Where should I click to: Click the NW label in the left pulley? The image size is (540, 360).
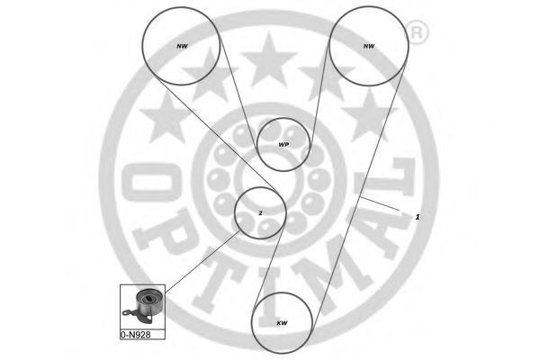(x=182, y=46)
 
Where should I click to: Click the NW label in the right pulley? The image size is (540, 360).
(x=368, y=46)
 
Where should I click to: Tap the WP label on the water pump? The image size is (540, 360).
(x=283, y=145)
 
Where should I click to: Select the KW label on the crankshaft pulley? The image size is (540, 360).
(x=282, y=323)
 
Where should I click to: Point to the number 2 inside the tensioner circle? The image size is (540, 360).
(x=260, y=213)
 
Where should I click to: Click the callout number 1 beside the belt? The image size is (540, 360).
(x=418, y=217)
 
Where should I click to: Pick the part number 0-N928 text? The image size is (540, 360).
(x=135, y=335)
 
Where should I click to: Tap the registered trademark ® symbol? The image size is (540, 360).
(x=417, y=32)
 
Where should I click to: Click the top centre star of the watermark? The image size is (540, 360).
(x=268, y=59)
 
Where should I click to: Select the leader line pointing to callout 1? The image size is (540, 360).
(x=380, y=203)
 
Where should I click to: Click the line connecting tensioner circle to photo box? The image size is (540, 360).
(x=202, y=262)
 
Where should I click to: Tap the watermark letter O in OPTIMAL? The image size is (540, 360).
(x=151, y=182)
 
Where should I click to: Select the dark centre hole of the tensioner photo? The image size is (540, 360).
(x=149, y=299)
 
